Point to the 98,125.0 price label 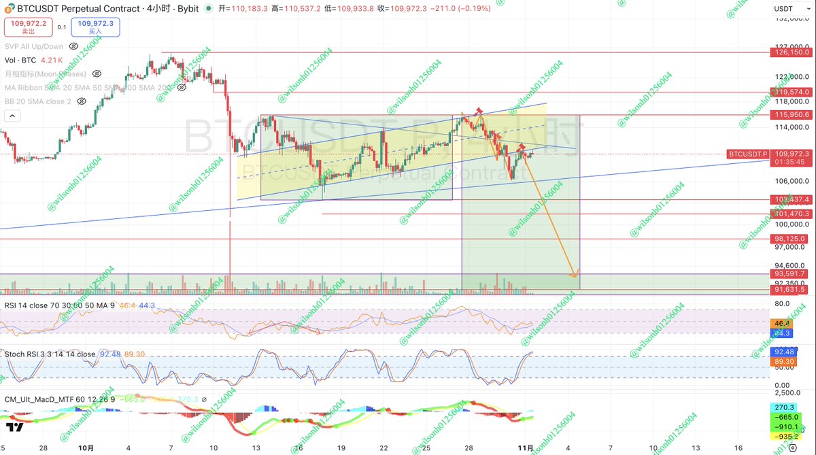[789, 239]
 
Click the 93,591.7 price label [789, 274]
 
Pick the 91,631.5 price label [789, 289]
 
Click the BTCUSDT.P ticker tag [748, 154]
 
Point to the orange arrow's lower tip [575, 277]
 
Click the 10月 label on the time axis [86, 450]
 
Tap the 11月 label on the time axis [524, 450]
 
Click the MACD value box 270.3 [781, 407]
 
